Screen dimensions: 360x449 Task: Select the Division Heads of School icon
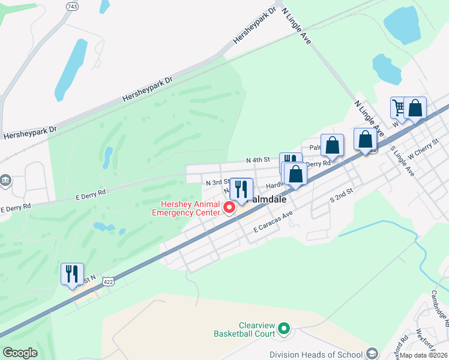[x=373, y=354]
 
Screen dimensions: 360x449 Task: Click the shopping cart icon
[x=399, y=108]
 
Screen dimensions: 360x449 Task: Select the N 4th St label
[x=259, y=160]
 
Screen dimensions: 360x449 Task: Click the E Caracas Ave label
[x=273, y=221]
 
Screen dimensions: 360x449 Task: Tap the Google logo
[x=20, y=353]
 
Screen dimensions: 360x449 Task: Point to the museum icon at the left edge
[x=5, y=180]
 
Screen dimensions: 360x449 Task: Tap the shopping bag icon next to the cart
[x=415, y=108]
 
